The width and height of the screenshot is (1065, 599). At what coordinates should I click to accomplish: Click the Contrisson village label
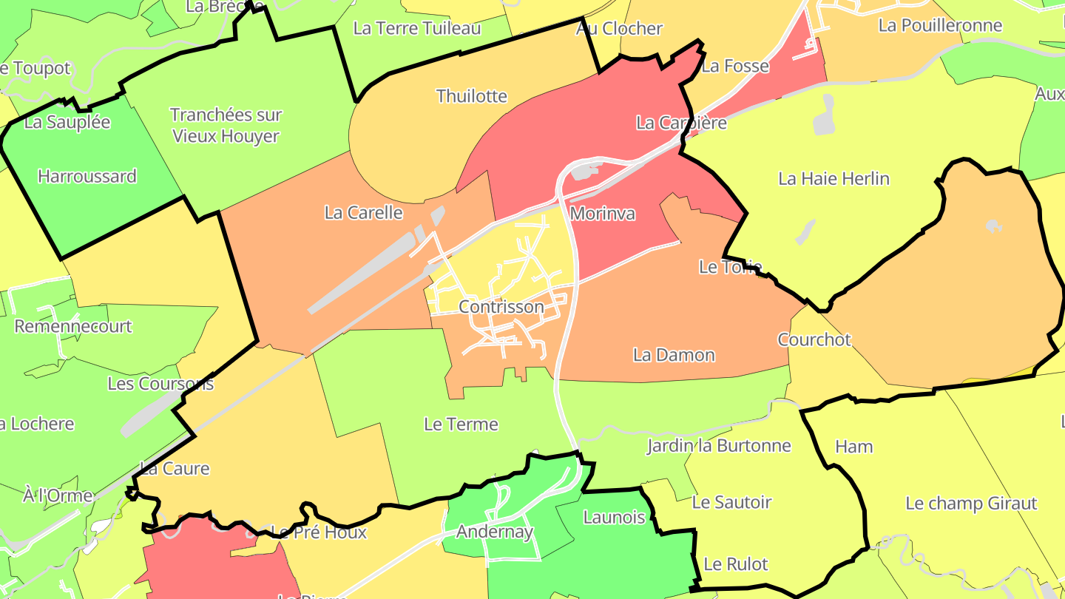[x=501, y=306]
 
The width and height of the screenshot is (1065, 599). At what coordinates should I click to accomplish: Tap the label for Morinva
[x=603, y=214]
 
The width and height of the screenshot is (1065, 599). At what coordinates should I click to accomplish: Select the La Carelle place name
[x=364, y=212]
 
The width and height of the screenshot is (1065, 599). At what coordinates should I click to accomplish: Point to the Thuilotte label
[x=472, y=96]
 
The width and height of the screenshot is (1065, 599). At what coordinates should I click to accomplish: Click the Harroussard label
[x=87, y=176]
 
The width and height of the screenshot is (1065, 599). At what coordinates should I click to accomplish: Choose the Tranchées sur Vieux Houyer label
[x=226, y=126]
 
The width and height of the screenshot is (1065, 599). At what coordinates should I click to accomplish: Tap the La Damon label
[x=674, y=355]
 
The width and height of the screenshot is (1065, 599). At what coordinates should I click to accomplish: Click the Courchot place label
[x=814, y=339]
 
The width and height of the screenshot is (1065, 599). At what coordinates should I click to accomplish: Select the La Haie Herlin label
[x=834, y=178]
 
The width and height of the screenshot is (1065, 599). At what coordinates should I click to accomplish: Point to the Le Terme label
[x=461, y=424]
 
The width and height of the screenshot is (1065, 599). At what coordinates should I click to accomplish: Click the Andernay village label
[x=495, y=532]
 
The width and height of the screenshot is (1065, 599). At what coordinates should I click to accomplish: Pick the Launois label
[x=614, y=517]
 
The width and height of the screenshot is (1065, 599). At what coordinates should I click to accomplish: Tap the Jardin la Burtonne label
[x=719, y=445]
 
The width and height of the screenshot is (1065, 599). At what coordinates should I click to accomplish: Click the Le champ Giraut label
[x=971, y=504]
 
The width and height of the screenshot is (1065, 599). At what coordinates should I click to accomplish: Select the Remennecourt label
[x=73, y=326]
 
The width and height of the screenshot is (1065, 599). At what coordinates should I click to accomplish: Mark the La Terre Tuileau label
[x=417, y=28]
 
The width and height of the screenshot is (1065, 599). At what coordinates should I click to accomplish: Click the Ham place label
[x=853, y=446]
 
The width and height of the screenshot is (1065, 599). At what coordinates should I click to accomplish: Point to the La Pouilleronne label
[x=940, y=25]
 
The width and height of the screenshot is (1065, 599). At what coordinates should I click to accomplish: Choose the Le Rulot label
[x=736, y=564]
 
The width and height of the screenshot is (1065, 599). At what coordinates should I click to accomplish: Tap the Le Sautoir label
[x=731, y=502]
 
